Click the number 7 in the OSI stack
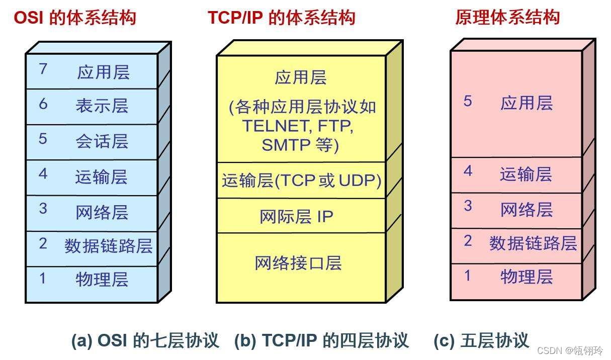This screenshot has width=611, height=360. pos(43,69)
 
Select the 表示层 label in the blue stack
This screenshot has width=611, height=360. pos(102,106)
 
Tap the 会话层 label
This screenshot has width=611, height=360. pos(102,141)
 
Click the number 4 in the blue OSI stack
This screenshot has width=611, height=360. pos(43,174)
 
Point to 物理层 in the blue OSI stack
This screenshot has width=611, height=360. pos(102,279)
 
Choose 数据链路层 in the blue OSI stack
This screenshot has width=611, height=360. pos(108,246)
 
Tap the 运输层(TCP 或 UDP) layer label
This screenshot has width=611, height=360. pos(301,181)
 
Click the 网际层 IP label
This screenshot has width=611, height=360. pos(296,216)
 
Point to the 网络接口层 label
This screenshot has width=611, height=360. pos(298,263)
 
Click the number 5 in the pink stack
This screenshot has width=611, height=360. pos(468,102)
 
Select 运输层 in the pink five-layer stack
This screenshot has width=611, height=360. pos(526,174)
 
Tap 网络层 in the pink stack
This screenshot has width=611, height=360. pos(526,210)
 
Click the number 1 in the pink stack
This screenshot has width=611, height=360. pos(468,276)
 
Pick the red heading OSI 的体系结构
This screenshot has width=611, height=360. pos(75,18)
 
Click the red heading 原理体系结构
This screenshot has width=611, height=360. pos(507,18)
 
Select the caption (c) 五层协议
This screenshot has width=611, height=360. pos(481,341)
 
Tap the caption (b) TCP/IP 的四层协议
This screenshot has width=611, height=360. pos(321,341)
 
